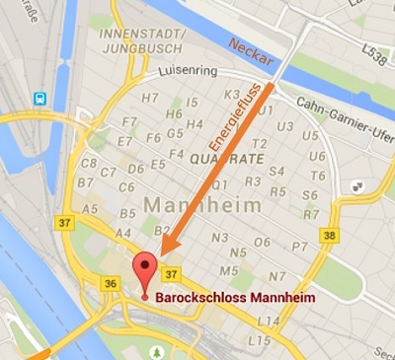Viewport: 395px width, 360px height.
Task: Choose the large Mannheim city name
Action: point(203,205)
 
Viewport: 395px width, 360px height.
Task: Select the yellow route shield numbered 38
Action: point(330,235)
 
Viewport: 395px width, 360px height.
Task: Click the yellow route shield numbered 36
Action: point(109,283)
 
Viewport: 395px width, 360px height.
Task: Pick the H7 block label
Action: point(150,98)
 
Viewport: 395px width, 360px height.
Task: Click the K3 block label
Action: point(232,96)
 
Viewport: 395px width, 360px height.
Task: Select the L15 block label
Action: point(260,339)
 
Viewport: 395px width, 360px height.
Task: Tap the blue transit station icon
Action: point(40,98)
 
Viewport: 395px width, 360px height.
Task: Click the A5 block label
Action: point(90,209)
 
